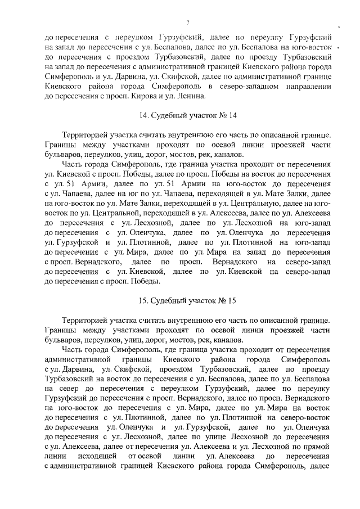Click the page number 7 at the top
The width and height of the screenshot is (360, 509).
click(x=187, y=22)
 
